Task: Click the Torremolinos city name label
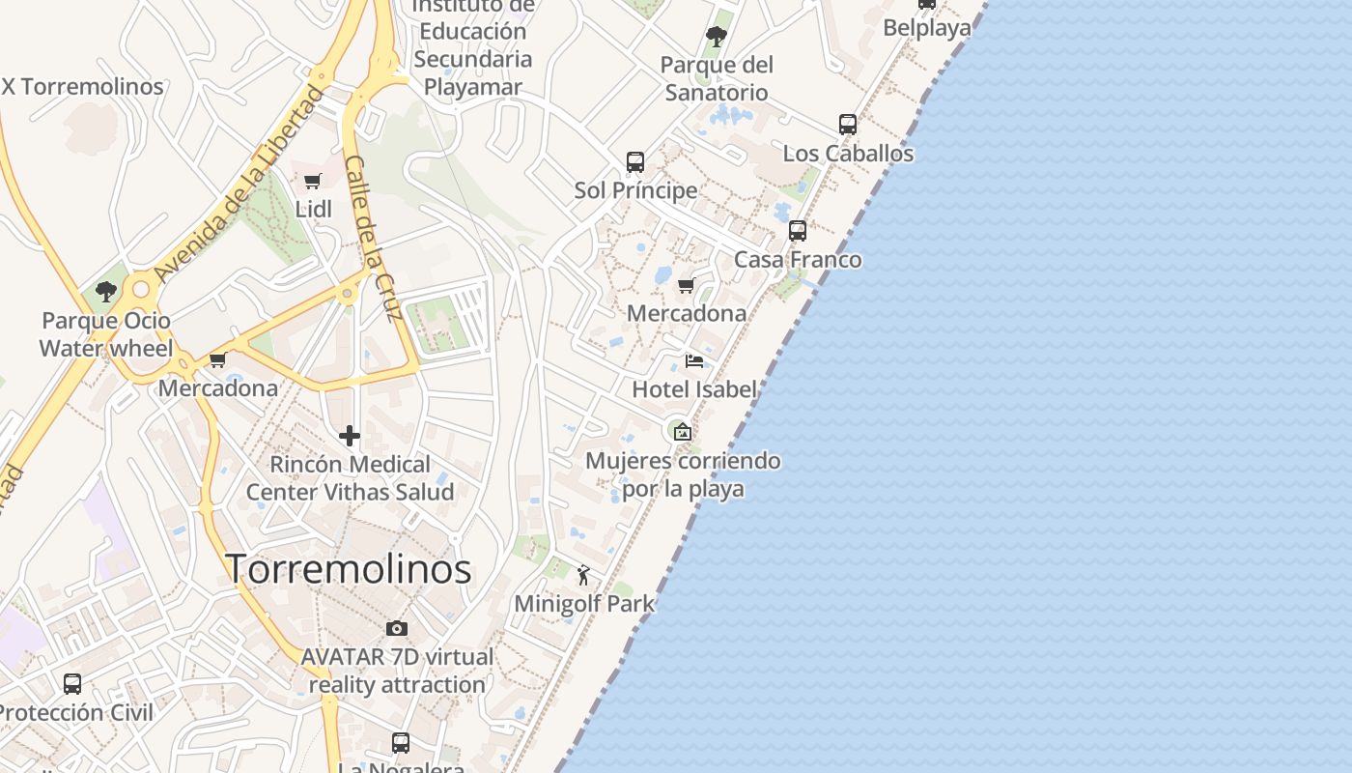coord(348,568)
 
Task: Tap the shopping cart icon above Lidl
coord(312,181)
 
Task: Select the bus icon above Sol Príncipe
coord(634,161)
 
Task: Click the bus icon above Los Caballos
coord(847,125)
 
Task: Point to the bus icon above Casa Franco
coord(797,231)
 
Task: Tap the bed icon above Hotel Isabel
coord(693,361)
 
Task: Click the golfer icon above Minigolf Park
coord(583,576)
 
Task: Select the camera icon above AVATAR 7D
coord(396,629)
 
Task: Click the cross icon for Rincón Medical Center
coord(350,437)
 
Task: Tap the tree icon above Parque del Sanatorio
coord(716,38)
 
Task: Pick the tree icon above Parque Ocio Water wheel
coord(106,291)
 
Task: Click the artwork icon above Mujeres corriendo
coord(683,431)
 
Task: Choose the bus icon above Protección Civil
coord(72,684)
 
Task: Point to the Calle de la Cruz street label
coord(373,237)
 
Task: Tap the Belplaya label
coord(927,28)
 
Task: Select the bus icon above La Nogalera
coord(401,743)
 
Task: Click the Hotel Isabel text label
coord(693,389)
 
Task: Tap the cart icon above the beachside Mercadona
coord(686,285)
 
